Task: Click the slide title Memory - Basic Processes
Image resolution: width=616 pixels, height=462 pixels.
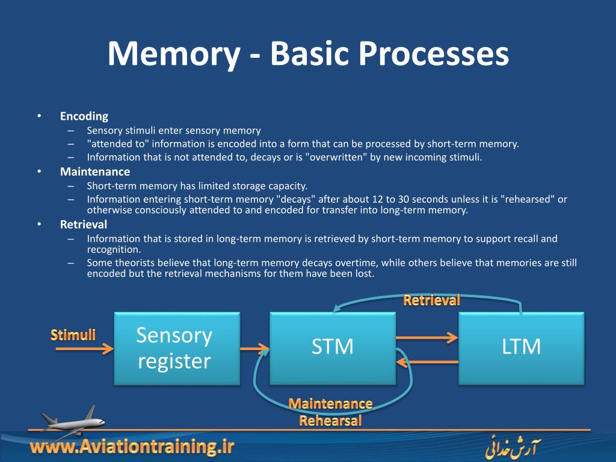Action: click(x=308, y=54)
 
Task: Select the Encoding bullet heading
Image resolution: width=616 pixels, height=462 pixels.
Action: click(x=84, y=116)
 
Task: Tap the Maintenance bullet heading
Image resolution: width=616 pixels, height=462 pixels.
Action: click(x=95, y=171)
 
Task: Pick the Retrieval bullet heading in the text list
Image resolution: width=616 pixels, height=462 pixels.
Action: click(x=84, y=224)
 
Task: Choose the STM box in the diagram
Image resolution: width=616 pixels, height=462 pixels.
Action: click(x=332, y=348)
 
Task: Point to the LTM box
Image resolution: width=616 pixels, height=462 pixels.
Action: click(x=521, y=348)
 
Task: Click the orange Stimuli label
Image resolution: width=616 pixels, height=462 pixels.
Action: click(x=73, y=334)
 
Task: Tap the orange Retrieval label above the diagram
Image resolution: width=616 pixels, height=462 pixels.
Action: click(x=431, y=300)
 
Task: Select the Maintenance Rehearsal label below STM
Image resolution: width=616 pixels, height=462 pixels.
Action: click(x=330, y=412)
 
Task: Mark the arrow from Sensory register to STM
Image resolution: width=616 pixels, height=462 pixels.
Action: click(x=254, y=348)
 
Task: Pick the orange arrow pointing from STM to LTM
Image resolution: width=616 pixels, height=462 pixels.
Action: click(x=427, y=338)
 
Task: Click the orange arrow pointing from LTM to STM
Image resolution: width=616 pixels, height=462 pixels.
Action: click(x=427, y=362)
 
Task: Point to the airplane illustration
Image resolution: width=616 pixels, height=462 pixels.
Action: click(x=71, y=420)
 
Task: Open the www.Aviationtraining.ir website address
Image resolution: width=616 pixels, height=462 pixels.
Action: click(x=132, y=447)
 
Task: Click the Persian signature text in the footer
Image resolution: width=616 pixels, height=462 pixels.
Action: click(x=511, y=448)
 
